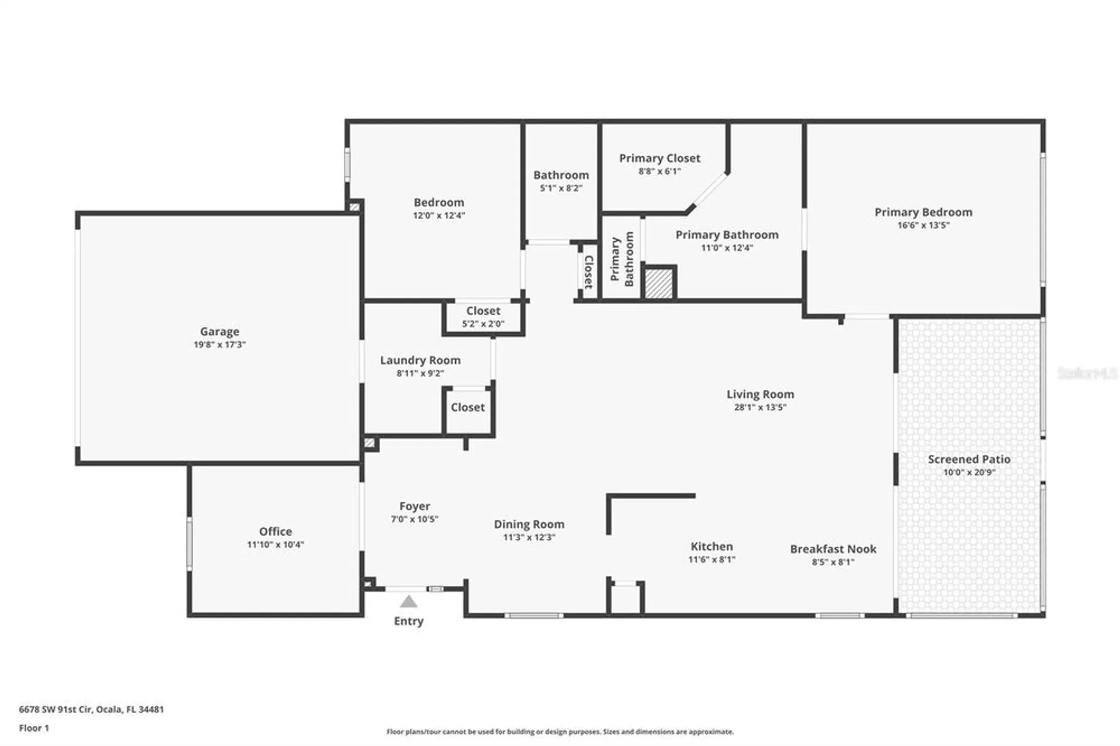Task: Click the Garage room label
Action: [220, 332]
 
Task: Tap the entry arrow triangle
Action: [408, 602]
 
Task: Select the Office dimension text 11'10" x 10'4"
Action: [275, 544]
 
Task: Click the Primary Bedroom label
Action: [923, 212]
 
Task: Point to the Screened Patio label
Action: [969, 459]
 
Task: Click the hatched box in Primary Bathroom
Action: [659, 284]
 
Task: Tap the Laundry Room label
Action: [420, 360]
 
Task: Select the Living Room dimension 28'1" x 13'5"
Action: [760, 407]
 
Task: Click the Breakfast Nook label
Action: [833, 549]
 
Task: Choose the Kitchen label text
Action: [711, 546]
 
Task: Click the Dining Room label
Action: [529, 524]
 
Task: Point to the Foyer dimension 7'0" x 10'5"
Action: [414, 519]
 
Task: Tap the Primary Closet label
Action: [659, 158]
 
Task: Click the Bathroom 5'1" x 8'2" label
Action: [561, 175]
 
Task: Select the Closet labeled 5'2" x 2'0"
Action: [483, 311]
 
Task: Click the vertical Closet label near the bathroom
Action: [589, 272]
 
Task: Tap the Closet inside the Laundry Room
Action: [468, 407]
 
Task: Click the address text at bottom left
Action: [91, 709]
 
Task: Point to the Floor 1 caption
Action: [34, 728]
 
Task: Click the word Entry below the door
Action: [408, 621]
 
